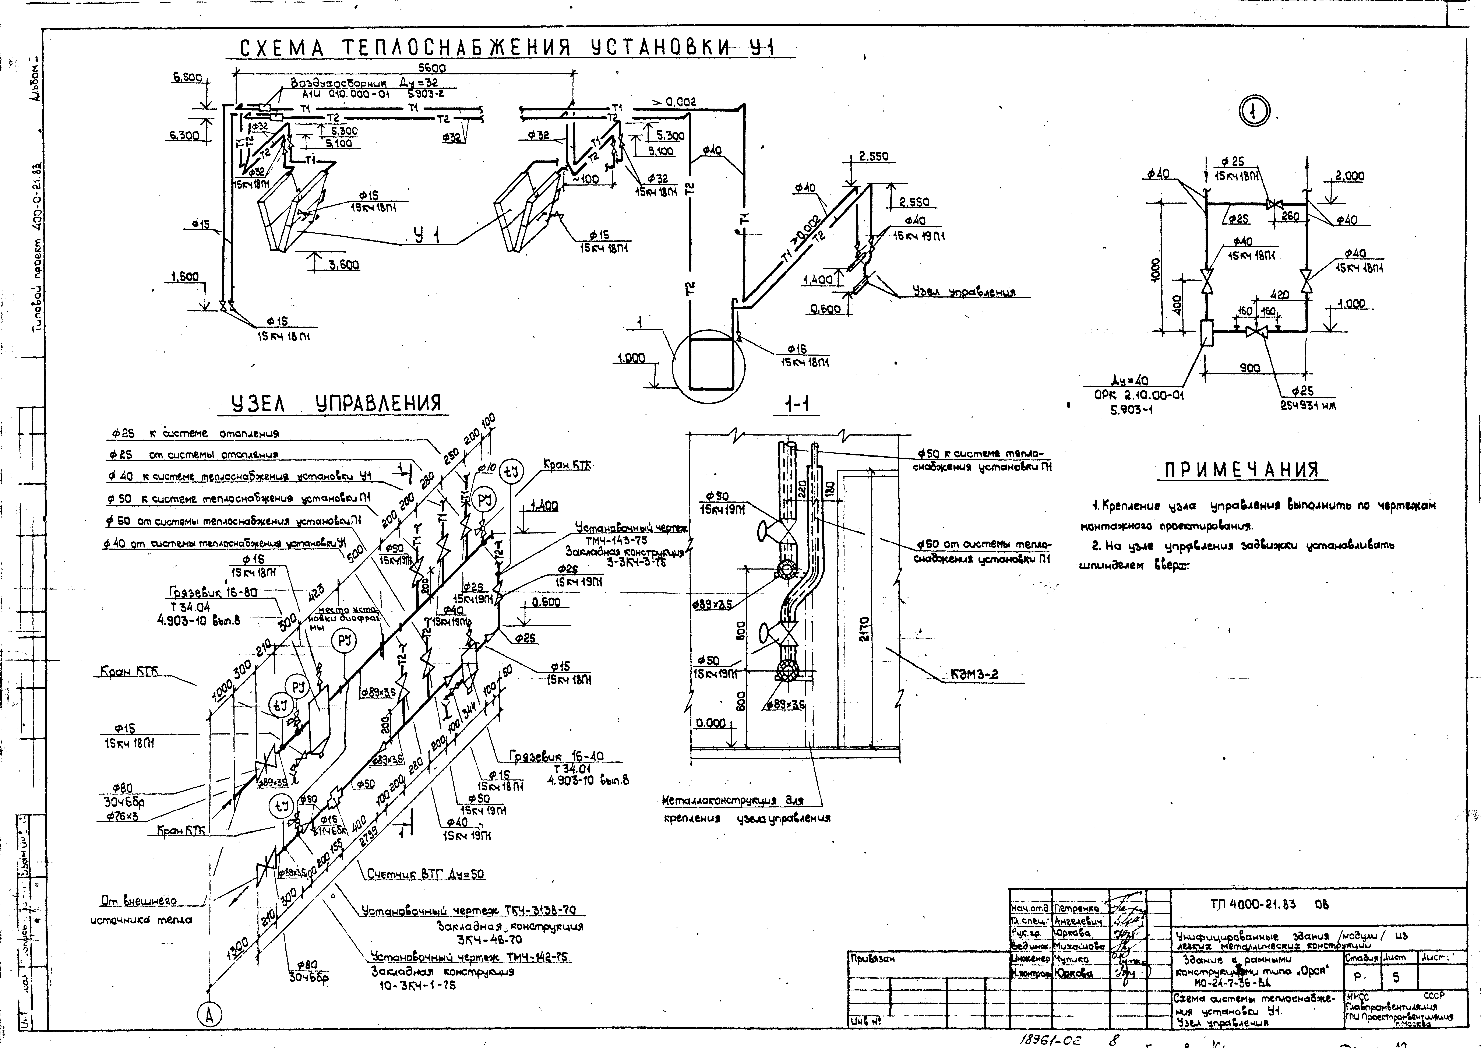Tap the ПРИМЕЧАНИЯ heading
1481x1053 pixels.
(x=1242, y=469)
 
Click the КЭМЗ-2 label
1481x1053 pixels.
(x=975, y=674)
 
